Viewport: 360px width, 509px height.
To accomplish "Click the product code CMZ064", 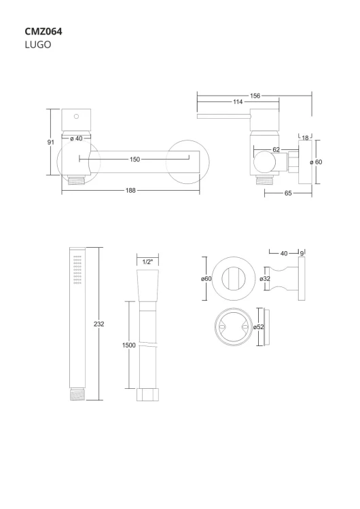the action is click(43, 31).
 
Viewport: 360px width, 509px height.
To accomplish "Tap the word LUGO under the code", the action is click(38, 45).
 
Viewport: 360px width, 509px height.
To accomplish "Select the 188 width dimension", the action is click(130, 191).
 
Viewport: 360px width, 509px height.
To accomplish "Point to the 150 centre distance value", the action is click(134, 159).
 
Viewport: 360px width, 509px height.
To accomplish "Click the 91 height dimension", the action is click(51, 143).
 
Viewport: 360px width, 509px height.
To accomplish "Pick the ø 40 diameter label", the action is click(76, 138).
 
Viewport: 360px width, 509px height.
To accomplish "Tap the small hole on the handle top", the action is click(76, 116).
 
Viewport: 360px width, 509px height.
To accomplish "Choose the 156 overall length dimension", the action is click(255, 96).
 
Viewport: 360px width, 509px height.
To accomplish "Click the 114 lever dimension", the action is click(238, 102).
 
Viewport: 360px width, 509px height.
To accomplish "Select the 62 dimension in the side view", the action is click(276, 150).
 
